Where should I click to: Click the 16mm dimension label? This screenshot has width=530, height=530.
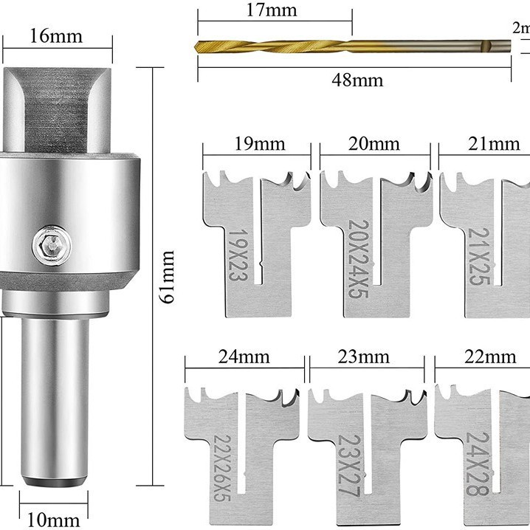pyautogui.click(x=56, y=36)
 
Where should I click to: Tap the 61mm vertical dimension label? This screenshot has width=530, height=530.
pyautogui.click(x=168, y=277)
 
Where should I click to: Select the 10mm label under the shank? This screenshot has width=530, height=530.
pyautogui.click(x=53, y=520)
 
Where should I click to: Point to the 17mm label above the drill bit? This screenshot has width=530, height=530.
pyautogui.click(x=272, y=10)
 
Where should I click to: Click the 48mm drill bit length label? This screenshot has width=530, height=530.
pyautogui.click(x=357, y=80)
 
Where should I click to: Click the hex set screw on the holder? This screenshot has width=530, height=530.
pyautogui.click(x=52, y=245)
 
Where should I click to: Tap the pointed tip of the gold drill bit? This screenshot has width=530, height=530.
pyautogui.click(x=196, y=47)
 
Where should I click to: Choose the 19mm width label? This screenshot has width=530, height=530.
pyautogui.click(x=260, y=144)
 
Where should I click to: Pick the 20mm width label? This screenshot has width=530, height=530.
pyautogui.click(x=374, y=144)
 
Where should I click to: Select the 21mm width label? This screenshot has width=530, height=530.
pyautogui.click(x=494, y=144)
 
